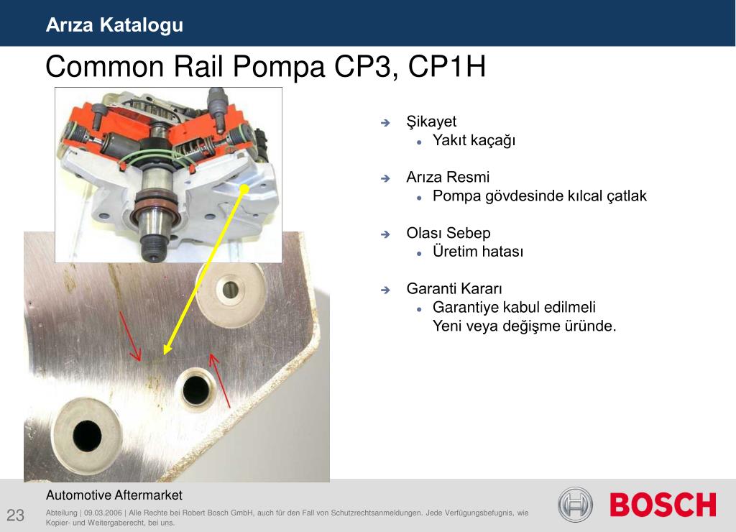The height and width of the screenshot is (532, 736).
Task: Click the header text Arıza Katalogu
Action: (114, 25)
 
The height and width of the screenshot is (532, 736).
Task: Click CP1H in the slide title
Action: (447, 66)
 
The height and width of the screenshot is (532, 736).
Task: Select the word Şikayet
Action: (431, 121)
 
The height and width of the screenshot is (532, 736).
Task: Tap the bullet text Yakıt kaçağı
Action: (474, 140)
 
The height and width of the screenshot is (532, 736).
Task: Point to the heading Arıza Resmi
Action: (448, 177)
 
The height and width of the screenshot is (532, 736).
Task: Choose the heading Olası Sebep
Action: (448, 233)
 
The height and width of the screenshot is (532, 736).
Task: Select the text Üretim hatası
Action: (478, 251)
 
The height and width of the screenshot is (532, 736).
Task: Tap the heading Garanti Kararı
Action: (454, 288)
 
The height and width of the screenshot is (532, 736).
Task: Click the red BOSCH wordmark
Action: (663, 505)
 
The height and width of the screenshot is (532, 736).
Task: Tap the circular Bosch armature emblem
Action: (575, 505)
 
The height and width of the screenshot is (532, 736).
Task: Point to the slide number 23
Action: (16, 515)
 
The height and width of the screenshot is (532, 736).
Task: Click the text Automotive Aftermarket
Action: (114, 495)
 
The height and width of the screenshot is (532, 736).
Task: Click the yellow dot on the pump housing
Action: (244, 189)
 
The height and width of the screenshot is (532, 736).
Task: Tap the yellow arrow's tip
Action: (165, 353)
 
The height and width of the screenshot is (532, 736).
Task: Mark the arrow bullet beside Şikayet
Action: (385, 123)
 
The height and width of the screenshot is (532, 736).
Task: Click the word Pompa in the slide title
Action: (278, 66)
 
